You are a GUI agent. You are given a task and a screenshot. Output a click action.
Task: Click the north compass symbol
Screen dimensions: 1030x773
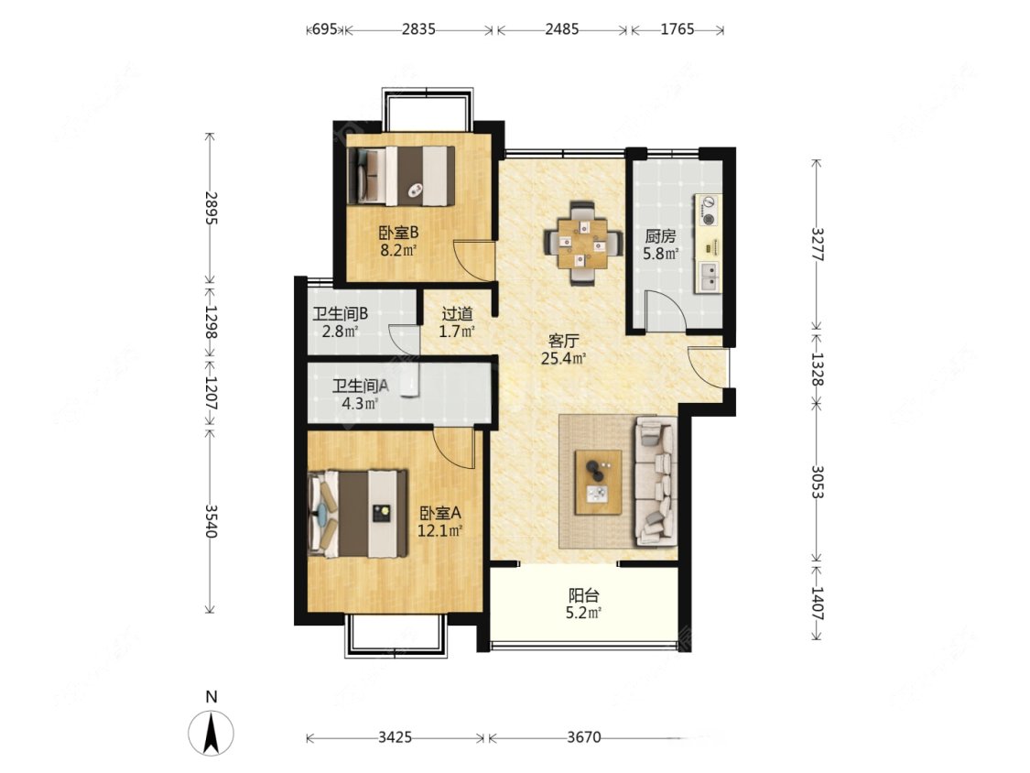211,733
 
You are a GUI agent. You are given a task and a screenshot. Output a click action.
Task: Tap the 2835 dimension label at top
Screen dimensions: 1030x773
418,29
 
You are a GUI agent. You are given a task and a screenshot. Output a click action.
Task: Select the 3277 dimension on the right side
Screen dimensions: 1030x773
817,244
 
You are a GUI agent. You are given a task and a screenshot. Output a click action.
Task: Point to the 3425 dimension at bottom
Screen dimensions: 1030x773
396,737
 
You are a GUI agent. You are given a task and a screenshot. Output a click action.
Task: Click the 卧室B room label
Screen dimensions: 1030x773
398,233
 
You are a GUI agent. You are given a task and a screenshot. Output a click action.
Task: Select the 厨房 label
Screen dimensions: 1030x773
660,236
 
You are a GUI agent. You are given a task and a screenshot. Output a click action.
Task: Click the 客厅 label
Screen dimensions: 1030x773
564,341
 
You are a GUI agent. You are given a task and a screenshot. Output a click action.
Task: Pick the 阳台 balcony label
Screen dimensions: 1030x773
584,596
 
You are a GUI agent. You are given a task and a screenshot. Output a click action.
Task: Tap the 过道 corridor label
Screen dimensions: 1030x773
457,314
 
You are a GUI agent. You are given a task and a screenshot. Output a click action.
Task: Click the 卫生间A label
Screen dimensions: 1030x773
360,386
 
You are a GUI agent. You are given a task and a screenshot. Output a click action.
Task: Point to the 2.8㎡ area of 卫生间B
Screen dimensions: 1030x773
341,331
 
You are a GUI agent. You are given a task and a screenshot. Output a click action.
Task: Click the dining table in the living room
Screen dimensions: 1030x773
583,244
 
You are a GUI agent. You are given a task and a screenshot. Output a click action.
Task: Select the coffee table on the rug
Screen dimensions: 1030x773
599,482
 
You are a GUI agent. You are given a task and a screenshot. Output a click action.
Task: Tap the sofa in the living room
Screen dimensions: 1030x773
655,484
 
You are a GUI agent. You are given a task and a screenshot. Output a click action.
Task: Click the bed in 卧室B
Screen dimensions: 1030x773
401,176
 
